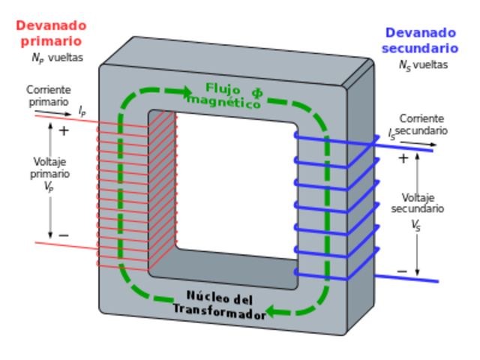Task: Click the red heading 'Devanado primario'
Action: [50, 33]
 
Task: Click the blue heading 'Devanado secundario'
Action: [419, 41]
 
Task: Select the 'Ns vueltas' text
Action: [423, 65]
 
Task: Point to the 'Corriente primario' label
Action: [48, 94]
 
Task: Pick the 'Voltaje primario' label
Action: [51, 167]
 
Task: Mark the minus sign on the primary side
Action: [64, 235]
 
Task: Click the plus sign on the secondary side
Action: [403, 158]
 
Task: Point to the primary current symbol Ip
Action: [82, 111]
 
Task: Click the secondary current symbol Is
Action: [391, 135]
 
